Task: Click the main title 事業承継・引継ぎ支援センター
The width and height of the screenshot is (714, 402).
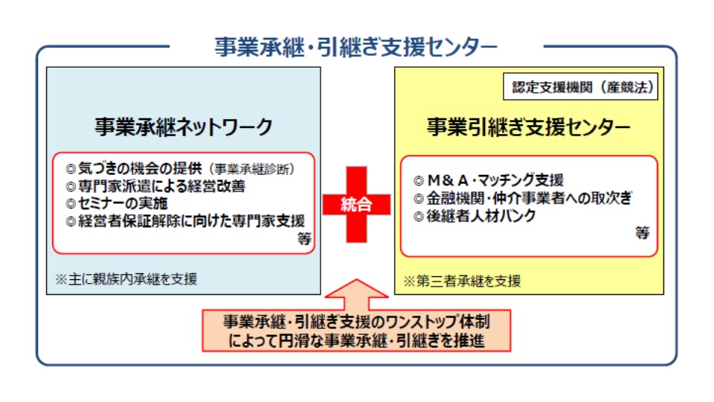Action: (356, 46)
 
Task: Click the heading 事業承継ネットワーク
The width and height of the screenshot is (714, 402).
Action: (184, 127)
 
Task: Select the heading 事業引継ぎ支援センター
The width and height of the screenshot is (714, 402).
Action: (529, 127)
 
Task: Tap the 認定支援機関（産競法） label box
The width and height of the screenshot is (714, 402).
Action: (581, 86)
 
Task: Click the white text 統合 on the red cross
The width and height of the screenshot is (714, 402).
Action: (356, 204)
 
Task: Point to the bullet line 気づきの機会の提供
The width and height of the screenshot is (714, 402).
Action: (134, 169)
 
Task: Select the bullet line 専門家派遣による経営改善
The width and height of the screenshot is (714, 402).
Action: (155, 186)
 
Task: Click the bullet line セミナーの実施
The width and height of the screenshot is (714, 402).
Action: (117, 203)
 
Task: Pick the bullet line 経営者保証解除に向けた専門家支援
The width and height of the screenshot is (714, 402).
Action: (185, 221)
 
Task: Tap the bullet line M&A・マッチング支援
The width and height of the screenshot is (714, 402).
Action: (489, 180)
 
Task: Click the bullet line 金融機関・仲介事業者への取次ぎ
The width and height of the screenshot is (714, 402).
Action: (523, 198)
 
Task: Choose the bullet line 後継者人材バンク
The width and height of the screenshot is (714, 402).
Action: (475, 216)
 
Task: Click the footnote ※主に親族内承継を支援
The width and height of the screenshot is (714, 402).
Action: (126, 279)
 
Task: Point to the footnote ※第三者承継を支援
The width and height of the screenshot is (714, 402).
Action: (462, 281)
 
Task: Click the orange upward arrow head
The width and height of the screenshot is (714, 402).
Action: (356, 289)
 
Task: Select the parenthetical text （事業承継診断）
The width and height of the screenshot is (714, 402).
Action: (252, 169)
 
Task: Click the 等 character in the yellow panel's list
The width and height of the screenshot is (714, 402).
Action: (642, 233)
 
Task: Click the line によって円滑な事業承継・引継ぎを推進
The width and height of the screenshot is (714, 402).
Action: (356, 340)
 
